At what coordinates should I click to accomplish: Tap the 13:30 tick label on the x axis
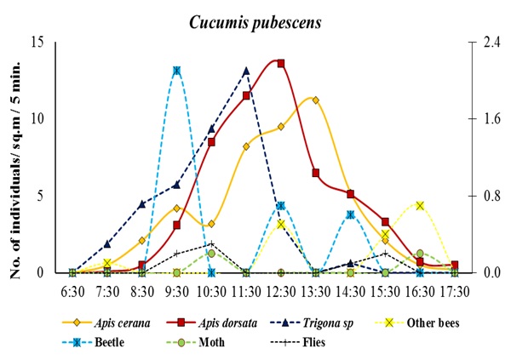click(x=315, y=289)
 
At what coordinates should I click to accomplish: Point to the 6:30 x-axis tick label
click(x=72, y=289)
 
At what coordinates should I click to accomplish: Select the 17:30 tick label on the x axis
click(x=454, y=289)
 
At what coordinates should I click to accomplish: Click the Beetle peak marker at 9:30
click(x=176, y=71)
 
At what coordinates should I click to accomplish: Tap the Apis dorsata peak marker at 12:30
click(x=281, y=63)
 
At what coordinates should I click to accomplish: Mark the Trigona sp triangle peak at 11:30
click(x=246, y=71)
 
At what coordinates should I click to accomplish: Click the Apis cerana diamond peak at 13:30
click(x=316, y=100)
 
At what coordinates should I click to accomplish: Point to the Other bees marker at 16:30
click(x=420, y=205)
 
